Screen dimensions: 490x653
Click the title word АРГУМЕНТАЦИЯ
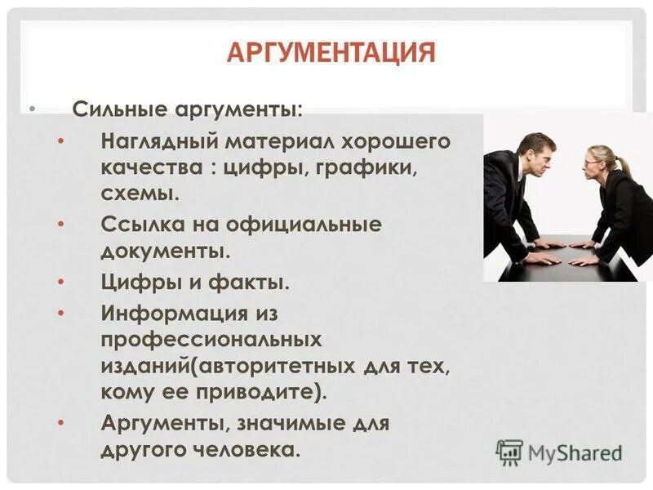click(x=331, y=54)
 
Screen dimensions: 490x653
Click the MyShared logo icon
click(x=509, y=452)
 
